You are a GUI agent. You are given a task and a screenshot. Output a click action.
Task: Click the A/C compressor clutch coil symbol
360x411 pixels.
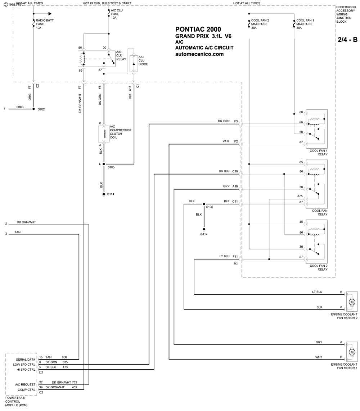104,134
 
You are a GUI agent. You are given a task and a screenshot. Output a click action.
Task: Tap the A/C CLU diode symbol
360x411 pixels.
134,64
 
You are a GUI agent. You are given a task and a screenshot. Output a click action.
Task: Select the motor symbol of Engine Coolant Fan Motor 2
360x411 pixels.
352,302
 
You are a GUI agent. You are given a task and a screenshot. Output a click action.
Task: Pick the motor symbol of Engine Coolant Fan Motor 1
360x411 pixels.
352,352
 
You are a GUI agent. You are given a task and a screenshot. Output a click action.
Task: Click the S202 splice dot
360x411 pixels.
33,109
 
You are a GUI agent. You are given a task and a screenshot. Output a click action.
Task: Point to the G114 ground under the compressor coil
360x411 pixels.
104,194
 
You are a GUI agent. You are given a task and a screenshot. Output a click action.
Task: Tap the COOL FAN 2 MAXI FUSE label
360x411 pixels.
260,24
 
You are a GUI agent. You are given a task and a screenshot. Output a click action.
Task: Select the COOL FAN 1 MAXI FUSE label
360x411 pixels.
305,24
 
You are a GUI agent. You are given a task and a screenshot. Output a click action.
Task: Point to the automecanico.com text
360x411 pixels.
199,54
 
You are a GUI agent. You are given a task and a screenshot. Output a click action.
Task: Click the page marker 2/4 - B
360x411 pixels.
347,40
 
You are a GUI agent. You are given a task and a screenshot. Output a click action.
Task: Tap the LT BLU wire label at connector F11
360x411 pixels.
224,256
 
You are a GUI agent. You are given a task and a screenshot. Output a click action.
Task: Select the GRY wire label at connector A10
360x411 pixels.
226,186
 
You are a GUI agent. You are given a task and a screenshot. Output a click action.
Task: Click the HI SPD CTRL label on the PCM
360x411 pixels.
26,370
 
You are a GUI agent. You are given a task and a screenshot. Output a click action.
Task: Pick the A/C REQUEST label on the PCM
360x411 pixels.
25,384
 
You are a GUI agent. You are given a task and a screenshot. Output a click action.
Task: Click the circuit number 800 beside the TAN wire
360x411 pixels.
64,357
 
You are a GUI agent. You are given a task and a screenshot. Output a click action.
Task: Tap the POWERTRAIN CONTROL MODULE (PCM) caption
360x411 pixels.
17,401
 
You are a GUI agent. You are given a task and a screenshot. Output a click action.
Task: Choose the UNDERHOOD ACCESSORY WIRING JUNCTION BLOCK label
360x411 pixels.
346,14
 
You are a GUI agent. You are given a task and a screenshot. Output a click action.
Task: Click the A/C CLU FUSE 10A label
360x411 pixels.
117,14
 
